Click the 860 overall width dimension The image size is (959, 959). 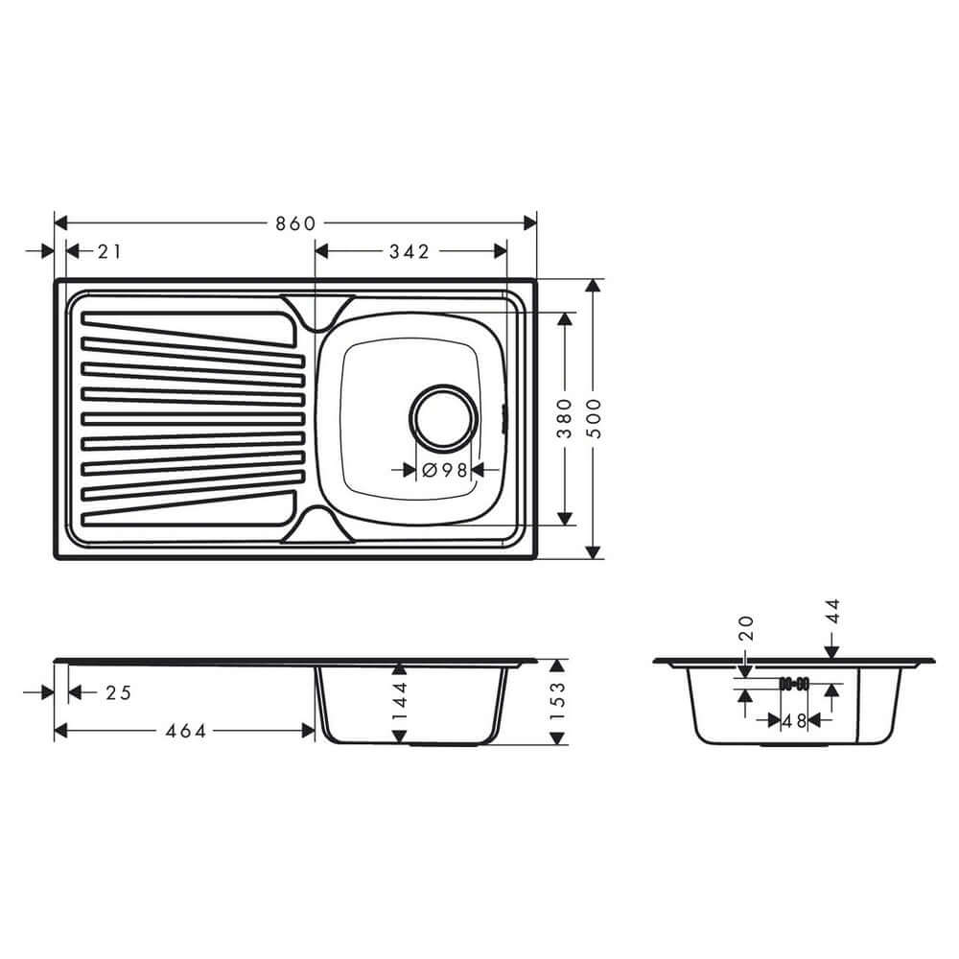pos(295,223)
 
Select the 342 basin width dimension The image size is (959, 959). pos(409,251)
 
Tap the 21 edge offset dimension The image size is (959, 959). pos(109,251)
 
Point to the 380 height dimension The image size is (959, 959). pos(565,418)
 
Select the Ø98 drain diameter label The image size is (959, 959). pos(444,470)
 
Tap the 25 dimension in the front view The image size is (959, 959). pos(117,692)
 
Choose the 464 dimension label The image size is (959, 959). pos(186,731)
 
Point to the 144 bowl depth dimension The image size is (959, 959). pos(401,701)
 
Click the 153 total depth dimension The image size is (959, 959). pos(556,701)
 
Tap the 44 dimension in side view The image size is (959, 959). pos(831,613)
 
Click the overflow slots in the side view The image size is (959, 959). pos(795,684)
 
